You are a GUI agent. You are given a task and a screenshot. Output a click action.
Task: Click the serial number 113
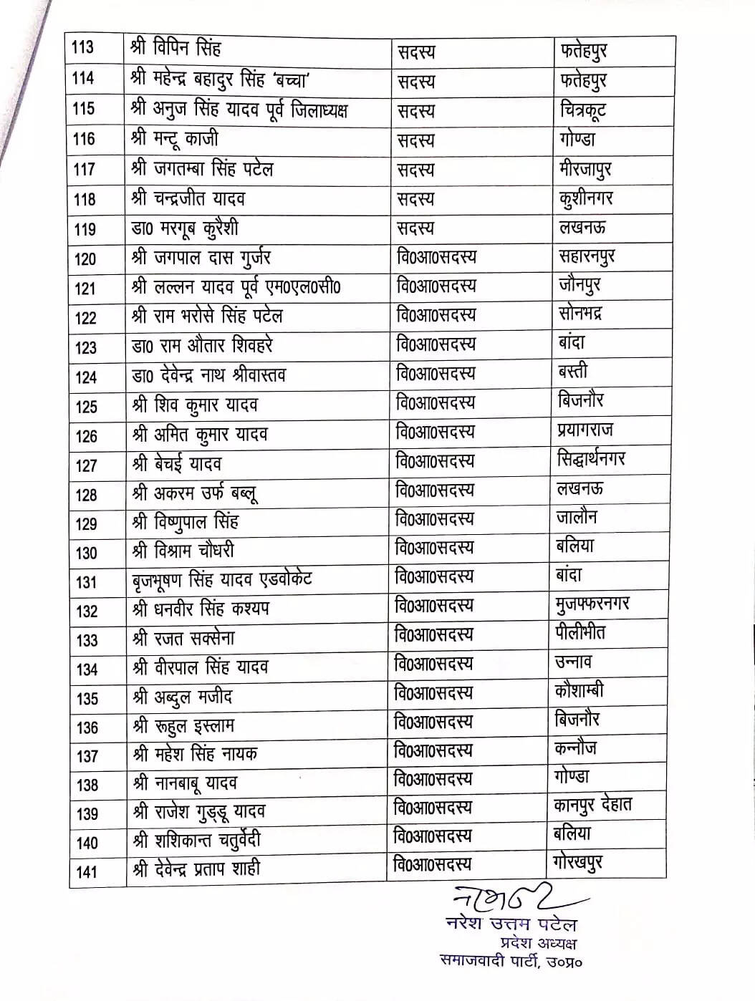[x=83, y=48]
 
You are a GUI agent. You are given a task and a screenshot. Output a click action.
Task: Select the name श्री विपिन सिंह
[x=176, y=49]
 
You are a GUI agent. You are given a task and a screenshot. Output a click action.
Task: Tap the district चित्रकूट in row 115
[x=583, y=111]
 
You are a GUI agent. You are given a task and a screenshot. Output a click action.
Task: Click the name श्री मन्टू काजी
[x=175, y=139]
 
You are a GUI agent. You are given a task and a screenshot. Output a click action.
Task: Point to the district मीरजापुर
[x=585, y=170]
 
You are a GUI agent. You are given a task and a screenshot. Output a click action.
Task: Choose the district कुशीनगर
[x=586, y=199]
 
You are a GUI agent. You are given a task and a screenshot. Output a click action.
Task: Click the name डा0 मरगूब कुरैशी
[x=186, y=228]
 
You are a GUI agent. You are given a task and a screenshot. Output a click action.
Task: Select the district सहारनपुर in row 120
[x=587, y=256]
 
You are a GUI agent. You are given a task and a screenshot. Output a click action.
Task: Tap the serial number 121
[x=85, y=289]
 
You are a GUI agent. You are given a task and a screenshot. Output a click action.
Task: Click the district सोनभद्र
[x=580, y=314]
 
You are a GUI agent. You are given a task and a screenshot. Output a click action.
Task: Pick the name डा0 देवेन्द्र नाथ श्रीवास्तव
[x=209, y=375]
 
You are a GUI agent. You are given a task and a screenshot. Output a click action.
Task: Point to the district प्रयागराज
[x=585, y=430]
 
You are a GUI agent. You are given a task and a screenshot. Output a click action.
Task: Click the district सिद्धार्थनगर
[x=591, y=459]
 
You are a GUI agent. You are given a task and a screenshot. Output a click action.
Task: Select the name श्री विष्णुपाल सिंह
[x=186, y=522]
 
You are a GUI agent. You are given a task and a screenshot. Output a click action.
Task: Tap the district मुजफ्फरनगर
[x=592, y=605]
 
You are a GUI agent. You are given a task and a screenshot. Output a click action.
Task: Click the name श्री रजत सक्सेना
[x=184, y=638]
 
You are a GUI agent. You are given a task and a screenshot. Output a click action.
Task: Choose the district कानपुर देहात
[x=593, y=806]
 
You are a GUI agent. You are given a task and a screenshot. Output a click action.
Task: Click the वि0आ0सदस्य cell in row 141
[x=433, y=865]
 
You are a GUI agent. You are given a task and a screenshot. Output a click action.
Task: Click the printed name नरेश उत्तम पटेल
[x=511, y=924]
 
